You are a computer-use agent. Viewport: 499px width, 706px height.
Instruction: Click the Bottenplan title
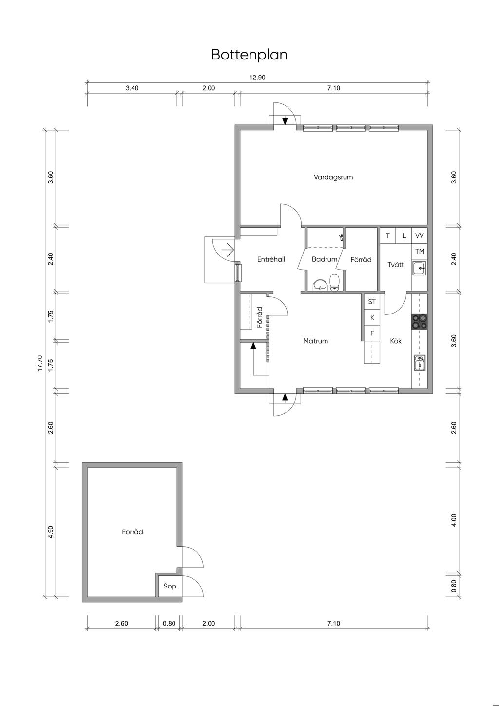[249, 55]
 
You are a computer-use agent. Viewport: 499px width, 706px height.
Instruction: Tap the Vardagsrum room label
[333, 177]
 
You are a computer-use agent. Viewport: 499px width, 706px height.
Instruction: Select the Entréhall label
[271, 259]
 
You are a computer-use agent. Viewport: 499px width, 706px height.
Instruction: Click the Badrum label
[325, 259]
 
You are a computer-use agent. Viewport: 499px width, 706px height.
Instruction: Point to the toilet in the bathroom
[334, 282]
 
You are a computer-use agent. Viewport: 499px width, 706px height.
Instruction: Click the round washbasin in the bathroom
[320, 285]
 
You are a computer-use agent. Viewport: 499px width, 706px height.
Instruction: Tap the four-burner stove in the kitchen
[419, 322]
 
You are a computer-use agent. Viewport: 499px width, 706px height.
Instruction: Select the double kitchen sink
[419, 363]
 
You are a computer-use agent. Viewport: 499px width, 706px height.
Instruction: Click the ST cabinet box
[372, 302]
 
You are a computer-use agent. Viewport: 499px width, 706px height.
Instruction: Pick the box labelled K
[372, 317]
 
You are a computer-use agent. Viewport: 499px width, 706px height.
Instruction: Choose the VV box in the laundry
[419, 236]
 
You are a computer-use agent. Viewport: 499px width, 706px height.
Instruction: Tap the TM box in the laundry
[419, 251]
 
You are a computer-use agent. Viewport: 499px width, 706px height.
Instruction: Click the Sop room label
[170, 586]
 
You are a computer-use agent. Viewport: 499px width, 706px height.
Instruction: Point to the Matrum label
[315, 341]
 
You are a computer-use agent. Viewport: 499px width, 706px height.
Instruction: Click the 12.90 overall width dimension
[257, 78]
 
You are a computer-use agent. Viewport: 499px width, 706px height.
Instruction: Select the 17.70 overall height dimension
[40, 363]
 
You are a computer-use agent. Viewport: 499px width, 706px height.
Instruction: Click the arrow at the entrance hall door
[228, 251]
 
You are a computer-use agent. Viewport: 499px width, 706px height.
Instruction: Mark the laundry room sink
[419, 268]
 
